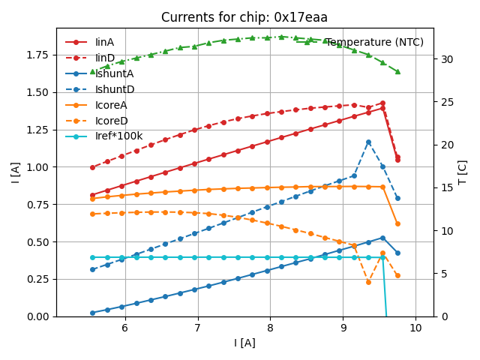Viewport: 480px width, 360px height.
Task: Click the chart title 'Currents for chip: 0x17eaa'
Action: click(x=244, y=18)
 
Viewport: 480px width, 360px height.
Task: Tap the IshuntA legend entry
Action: click(x=115, y=73)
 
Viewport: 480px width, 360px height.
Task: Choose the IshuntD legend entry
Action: click(x=115, y=89)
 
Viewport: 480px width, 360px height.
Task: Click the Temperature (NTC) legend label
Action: click(x=374, y=42)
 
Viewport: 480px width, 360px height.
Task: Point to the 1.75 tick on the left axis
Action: click(x=40, y=55)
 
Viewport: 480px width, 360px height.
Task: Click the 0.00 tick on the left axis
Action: click(x=40, y=316)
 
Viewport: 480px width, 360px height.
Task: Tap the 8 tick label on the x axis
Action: click(x=270, y=328)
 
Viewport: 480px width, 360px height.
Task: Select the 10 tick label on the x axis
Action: click(x=415, y=328)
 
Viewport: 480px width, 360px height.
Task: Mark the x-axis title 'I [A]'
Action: click(x=244, y=343)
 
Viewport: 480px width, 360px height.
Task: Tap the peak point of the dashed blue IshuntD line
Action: click(x=368, y=142)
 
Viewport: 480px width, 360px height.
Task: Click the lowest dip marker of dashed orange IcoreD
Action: click(x=368, y=282)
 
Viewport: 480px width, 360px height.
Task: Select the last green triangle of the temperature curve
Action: click(x=397, y=71)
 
